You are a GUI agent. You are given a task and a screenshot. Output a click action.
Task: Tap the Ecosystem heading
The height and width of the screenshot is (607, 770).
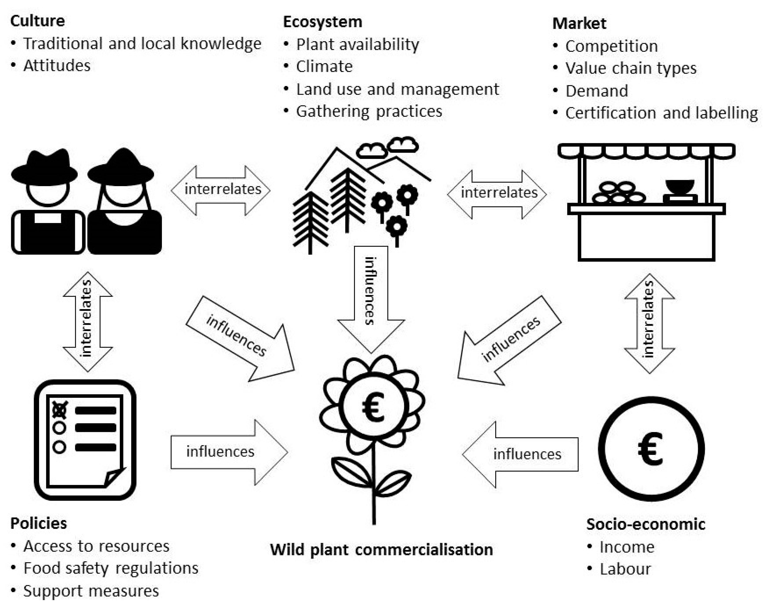[322, 22]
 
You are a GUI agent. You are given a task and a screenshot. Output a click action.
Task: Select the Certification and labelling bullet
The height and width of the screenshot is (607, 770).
[661, 113]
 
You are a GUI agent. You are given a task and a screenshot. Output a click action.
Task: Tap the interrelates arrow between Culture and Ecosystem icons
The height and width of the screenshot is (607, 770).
[221, 190]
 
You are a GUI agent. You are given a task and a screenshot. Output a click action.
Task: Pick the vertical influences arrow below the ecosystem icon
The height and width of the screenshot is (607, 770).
[371, 295]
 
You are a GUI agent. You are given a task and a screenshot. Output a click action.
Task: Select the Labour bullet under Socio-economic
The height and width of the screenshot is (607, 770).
[625, 569]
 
